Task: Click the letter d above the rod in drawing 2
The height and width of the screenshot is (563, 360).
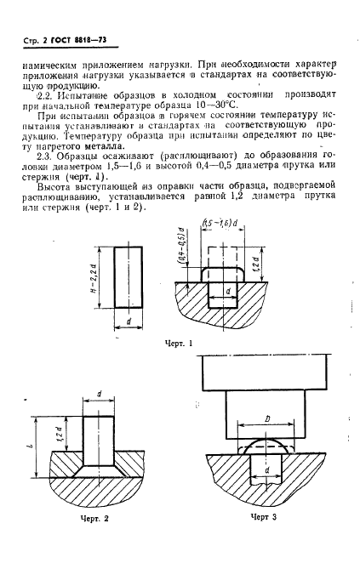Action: tap(100, 394)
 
